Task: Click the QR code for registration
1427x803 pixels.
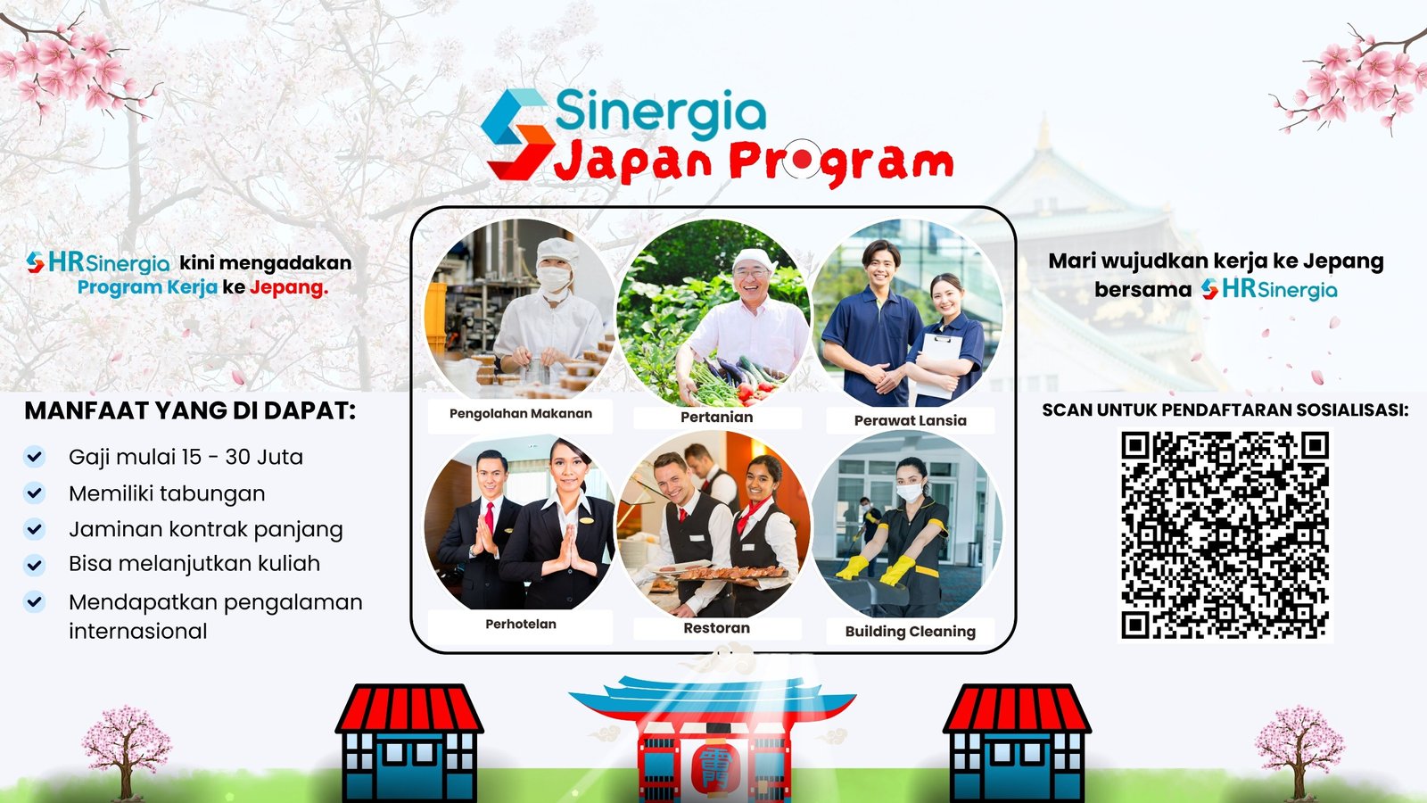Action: point(1225,535)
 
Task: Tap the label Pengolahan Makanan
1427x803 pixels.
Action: point(521,414)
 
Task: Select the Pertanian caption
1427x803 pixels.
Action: point(717,418)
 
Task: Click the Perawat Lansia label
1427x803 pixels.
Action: point(911,420)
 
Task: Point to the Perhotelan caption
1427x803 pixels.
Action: point(521,624)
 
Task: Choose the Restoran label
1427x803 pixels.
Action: point(717,628)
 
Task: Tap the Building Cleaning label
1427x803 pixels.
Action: point(911,632)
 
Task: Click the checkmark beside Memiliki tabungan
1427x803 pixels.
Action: point(35,493)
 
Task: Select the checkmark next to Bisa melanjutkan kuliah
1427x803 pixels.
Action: point(35,565)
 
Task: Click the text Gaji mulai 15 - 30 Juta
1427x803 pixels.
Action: point(186,457)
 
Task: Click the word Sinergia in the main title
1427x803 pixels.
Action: point(661,112)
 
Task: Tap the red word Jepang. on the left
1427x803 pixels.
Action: point(289,287)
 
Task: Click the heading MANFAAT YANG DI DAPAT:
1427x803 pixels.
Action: point(190,410)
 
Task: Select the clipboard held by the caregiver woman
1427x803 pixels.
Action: point(939,365)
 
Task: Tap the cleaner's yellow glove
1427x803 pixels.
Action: point(897,570)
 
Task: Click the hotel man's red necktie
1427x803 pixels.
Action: point(490,517)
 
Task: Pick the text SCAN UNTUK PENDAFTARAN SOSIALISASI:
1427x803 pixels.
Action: point(1225,410)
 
